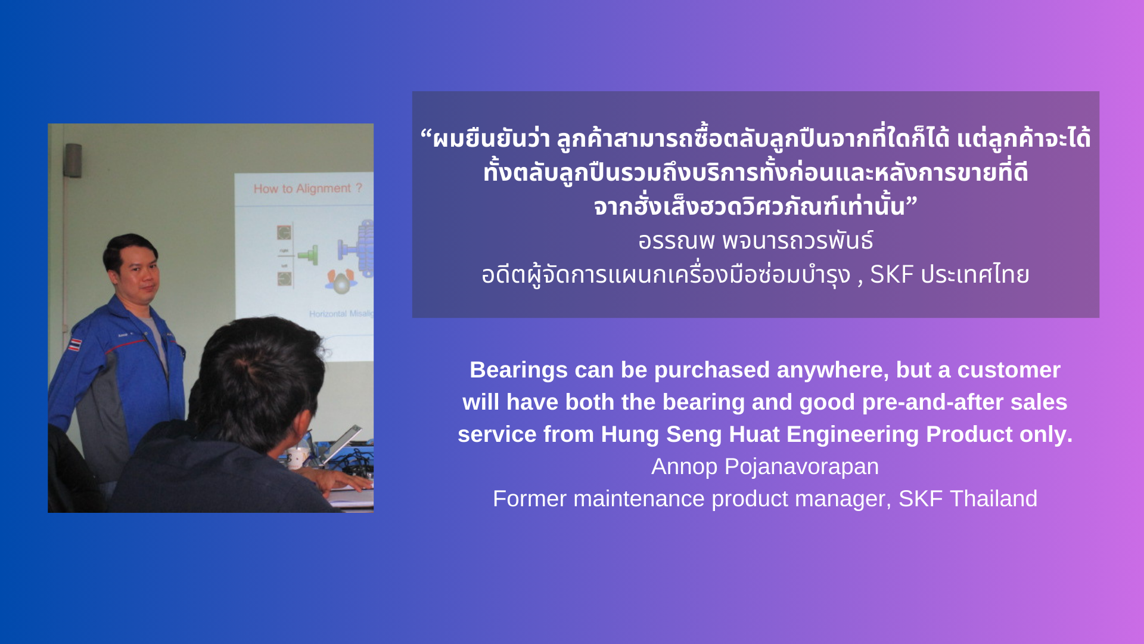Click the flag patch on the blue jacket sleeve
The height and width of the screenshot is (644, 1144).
click(74, 344)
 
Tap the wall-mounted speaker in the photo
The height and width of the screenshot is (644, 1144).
click(73, 160)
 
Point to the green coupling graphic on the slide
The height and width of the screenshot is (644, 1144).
click(308, 255)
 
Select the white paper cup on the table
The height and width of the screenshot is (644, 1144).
click(296, 457)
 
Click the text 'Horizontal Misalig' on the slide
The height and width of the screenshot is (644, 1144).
click(341, 314)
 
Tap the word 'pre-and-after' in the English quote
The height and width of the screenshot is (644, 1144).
click(932, 402)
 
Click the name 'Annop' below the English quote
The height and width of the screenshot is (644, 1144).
click(684, 467)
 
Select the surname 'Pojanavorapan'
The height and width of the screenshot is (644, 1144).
click(801, 467)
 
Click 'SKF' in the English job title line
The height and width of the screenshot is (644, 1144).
click(921, 499)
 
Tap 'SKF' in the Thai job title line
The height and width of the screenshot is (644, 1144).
click(892, 274)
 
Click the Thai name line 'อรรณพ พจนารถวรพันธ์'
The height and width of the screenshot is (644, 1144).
click(756, 240)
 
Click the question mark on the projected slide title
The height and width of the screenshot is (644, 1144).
click(359, 188)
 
